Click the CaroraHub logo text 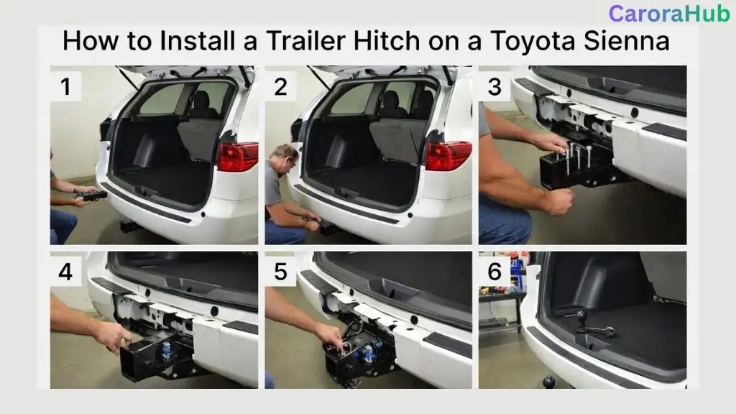click(x=668, y=14)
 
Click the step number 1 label click(x=66, y=87)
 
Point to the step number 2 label click(x=280, y=87)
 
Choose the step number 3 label click(x=494, y=87)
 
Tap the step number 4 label click(x=66, y=272)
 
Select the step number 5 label click(x=280, y=272)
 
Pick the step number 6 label click(x=494, y=272)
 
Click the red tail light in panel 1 click(x=238, y=157)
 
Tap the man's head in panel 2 click(x=286, y=157)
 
